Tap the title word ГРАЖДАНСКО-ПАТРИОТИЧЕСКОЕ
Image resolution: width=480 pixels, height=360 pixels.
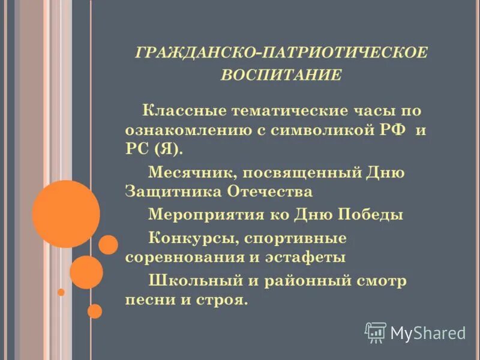click(x=281, y=53)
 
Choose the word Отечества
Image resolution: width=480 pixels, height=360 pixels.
click(x=270, y=192)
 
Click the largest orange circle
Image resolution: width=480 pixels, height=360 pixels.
click(x=66, y=214)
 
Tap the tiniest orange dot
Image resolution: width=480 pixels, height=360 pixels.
click(x=61, y=292)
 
